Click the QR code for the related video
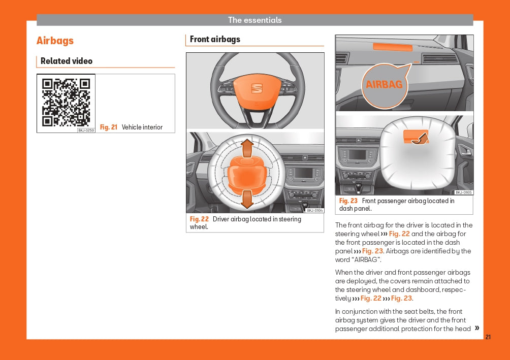point(66,103)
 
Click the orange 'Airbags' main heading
point(55,41)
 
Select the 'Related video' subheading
point(67,61)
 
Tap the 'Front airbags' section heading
point(215,39)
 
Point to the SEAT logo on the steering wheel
point(257,88)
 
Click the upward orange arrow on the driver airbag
point(247,148)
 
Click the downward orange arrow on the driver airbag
point(247,199)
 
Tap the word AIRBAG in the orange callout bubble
point(384,85)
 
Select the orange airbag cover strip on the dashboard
point(393,47)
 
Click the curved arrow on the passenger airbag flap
point(421,139)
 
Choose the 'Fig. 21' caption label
point(109,127)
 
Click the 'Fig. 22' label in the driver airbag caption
point(200,219)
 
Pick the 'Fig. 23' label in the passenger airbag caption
point(348,201)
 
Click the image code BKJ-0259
point(86,130)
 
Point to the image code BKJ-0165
point(463,192)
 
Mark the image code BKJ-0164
point(315,211)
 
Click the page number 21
point(488,337)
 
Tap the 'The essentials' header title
point(254,20)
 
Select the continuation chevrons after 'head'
point(477,328)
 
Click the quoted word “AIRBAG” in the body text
point(367,259)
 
